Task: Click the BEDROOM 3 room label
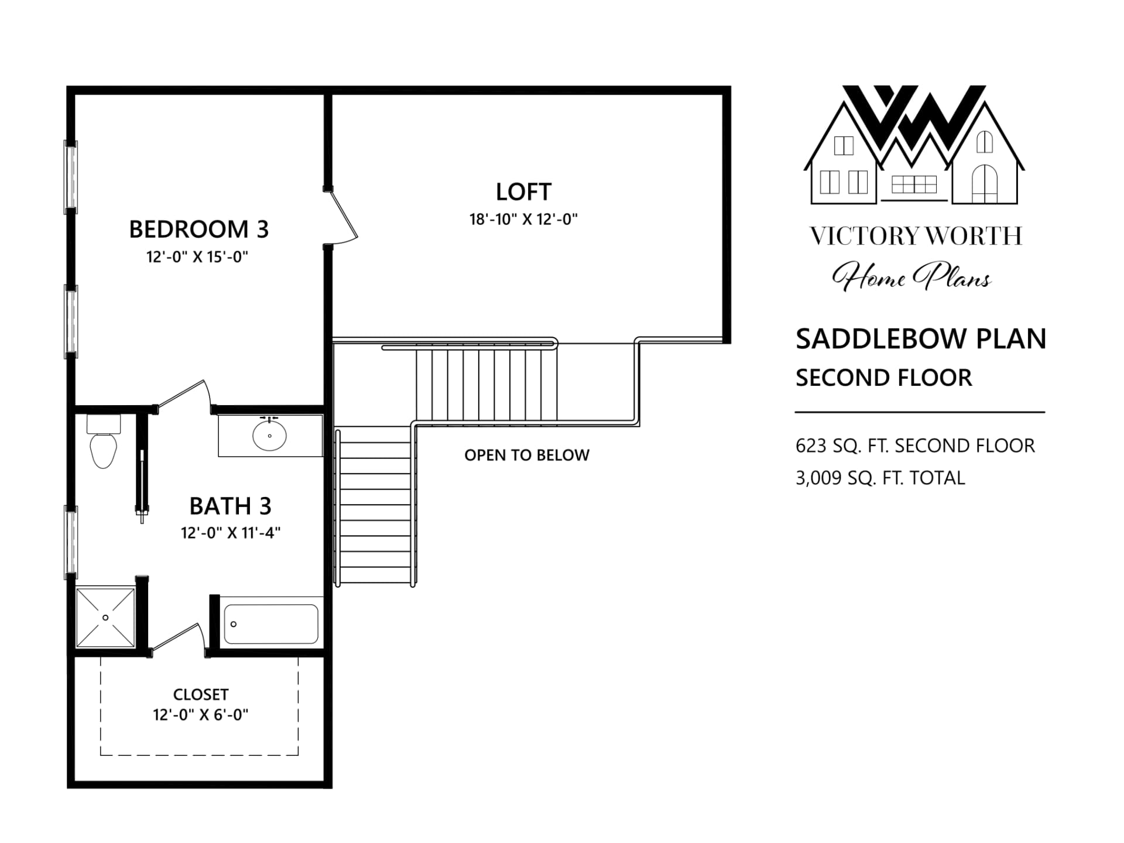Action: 198,229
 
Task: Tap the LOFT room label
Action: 523,191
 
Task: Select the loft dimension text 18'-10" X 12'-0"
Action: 523,219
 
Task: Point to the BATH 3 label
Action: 230,506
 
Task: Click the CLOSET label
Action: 200,694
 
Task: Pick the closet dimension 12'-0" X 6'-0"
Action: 200,715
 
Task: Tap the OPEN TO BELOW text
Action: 527,455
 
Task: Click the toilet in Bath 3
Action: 104,442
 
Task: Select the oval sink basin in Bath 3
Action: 269,436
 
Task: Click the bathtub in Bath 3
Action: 271,624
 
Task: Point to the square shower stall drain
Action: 106,618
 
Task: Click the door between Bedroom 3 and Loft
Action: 342,217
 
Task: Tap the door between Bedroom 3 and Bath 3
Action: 184,397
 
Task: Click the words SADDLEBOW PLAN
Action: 921,338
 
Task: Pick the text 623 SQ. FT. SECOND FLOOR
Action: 915,446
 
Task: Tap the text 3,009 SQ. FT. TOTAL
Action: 880,478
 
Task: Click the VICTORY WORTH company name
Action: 916,236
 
